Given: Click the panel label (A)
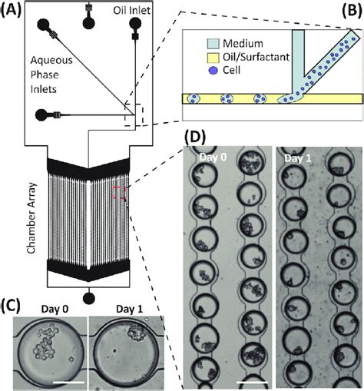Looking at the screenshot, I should (12, 10).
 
